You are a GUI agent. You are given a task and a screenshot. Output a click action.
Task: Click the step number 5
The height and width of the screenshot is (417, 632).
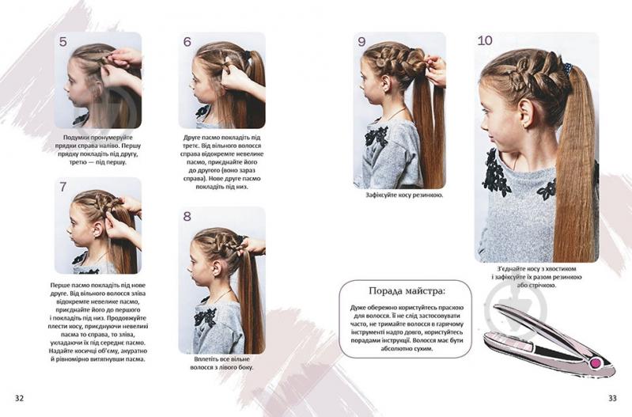62,42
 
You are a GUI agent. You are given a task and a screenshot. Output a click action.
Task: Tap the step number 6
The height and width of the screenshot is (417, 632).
187,42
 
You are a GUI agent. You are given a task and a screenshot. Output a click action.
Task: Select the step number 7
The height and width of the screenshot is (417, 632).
62,187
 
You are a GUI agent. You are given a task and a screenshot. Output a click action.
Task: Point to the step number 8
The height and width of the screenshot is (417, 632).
187,217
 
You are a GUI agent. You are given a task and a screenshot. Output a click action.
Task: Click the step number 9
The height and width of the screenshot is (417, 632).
361,41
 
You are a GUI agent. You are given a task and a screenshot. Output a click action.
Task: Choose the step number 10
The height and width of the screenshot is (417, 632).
485,40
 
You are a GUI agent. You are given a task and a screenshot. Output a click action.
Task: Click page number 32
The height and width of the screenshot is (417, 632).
19,398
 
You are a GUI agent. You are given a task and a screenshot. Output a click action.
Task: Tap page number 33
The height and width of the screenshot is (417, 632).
612,398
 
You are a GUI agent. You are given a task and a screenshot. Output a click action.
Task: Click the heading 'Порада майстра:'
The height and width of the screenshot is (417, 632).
407,290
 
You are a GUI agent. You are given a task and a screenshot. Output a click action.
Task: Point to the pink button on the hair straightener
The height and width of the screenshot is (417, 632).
594,363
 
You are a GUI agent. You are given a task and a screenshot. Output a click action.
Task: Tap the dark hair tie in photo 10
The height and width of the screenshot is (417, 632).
568,69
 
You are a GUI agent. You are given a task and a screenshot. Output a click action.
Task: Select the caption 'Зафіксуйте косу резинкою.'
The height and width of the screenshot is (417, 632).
404,195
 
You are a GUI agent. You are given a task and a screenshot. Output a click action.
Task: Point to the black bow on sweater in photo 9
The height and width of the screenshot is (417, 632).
377,136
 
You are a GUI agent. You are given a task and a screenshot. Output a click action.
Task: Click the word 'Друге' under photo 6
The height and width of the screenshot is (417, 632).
192,138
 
